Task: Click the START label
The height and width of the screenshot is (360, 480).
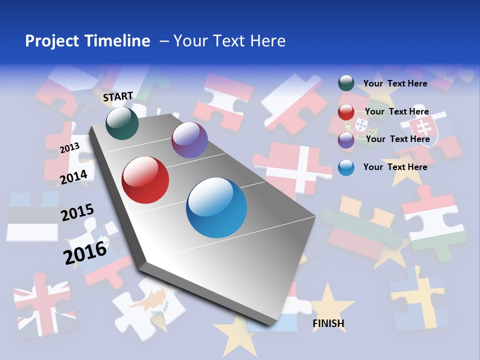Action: click(x=118, y=96)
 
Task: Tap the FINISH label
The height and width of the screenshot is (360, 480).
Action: click(x=328, y=323)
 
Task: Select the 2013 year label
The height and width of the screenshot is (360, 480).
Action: click(x=69, y=147)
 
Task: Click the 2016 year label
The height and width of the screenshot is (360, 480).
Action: click(x=85, y=252)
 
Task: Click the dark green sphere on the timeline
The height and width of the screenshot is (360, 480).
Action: click(x=122, y=123)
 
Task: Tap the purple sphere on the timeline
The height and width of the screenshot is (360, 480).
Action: click(x=189, y=140)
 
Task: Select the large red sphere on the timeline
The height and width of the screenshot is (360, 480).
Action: click(x=145, y=180)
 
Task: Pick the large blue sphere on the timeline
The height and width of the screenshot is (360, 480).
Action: click(x=216, y=207)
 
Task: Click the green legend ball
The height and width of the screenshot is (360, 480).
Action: click(x=346, y=83)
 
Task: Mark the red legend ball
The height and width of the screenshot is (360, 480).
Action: click(x=346, y=112)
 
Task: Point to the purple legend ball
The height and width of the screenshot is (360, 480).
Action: click(x=346, y=139)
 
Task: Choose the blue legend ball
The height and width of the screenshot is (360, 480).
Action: click(x=346, y=167)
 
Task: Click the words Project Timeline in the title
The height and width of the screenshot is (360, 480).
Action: click(x=87, y=41)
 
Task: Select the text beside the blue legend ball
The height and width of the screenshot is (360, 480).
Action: click(x=395, y=167)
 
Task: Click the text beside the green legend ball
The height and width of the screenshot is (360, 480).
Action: click(x=395, y=83)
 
